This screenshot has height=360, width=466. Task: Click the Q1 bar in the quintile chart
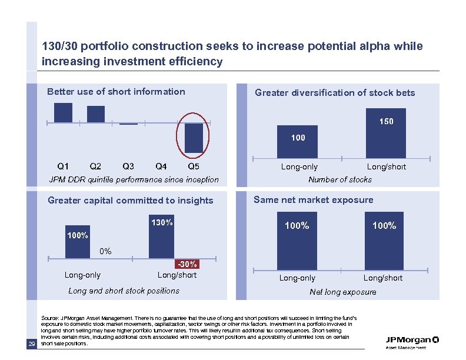tap(63, 112)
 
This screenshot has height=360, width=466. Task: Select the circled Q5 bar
tap(194, 138)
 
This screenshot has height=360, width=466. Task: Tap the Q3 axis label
tap(128, 166)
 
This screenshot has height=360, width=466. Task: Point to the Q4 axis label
tap(161, 166)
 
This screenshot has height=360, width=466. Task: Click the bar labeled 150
tap(385, 133)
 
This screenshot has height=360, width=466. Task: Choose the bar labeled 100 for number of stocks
tap(298, 142)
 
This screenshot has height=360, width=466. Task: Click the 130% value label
tap(162, 223)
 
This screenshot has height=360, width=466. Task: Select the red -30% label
tap(187, 264)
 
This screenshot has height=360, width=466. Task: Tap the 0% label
tap(105, 251)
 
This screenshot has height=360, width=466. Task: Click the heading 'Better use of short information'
tap(116, 92)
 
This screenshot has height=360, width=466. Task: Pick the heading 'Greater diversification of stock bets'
tap(335, 93)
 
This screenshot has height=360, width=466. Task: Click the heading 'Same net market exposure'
tap(313, 200)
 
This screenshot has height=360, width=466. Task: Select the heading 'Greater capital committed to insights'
tap(130, 201)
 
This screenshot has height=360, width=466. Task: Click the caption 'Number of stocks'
tap(340, 179)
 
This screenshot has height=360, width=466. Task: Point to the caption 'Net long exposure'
tap(342, 292)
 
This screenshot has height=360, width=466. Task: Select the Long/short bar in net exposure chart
tap(384, 241)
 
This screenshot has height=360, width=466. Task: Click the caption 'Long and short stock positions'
tap(124, 291)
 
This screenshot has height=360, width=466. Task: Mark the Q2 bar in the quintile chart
tap(96, 114)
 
